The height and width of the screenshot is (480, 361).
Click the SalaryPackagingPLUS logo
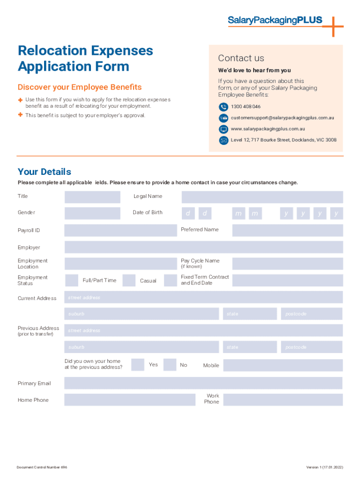[x=276, y=20]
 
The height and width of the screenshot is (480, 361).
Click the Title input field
[x=92, y=197]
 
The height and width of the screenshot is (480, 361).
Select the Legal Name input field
[x=262, y=197]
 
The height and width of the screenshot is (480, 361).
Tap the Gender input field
[x=92, y=213]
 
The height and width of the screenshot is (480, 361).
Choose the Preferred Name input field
[x=287, y=230]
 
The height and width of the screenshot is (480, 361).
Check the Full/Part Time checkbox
[x=72, y=280]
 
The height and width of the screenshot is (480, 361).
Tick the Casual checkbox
[x=129, y=280]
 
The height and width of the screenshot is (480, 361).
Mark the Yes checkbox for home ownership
[x=137, y=365]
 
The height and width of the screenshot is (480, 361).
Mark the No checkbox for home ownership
[x=170, y=365]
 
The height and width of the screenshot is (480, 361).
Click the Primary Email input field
[x=203, y=383]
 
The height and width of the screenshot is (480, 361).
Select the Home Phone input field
[x=129, y=400]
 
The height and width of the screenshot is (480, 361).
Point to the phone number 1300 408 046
[x=246, y=107]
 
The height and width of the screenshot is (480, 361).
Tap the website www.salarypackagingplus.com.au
[x=268, y=128]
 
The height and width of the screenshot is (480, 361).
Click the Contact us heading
[x=241, y=58]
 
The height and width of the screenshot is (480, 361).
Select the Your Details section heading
[x=45, y=172]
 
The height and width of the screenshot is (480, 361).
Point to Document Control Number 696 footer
[x=42, y=467]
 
